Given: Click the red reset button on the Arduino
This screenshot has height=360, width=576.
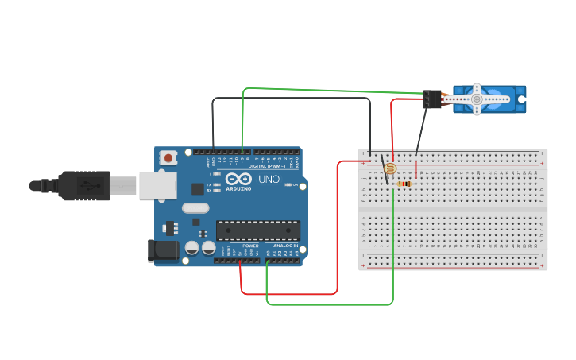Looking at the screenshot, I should [168, 158].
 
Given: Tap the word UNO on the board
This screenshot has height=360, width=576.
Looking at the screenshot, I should [269, 180].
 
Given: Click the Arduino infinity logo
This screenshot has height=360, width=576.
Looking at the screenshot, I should [238, 179].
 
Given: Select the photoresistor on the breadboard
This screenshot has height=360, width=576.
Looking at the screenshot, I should [389, 168].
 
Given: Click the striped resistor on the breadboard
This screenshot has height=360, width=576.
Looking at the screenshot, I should [404, 184].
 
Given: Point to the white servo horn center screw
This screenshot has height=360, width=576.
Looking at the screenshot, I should [477, 99].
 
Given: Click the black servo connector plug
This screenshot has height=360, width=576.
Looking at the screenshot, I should [432, 99].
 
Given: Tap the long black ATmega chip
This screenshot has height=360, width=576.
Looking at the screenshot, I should [258, 230].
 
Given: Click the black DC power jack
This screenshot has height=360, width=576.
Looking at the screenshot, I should [164, 250].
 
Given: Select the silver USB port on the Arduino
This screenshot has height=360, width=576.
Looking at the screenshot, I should [157, 185].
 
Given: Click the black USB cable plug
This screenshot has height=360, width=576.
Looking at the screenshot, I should [83, 186].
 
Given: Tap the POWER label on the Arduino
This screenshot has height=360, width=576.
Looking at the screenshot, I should [250, 246].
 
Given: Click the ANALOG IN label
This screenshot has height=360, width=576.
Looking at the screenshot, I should [286, 246].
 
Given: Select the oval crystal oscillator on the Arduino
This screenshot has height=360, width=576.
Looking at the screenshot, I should [195, 208].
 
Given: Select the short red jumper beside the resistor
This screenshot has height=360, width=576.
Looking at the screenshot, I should [416, 168].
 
